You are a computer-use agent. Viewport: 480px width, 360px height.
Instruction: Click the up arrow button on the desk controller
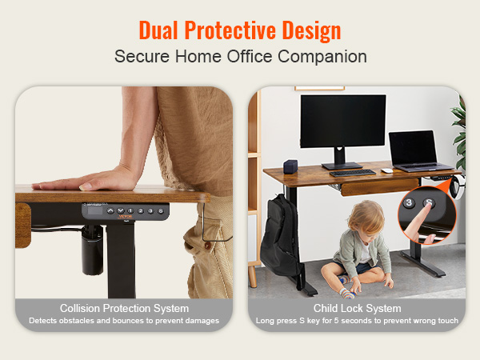pos(110,211)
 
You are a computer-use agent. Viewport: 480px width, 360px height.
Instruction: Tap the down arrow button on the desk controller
pos(121,210)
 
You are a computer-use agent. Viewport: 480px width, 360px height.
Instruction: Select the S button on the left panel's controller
pos(161,211)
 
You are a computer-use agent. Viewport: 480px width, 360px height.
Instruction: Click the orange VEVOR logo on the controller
pos(126,217)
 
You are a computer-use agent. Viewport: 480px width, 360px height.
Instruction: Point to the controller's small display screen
pos(95,210)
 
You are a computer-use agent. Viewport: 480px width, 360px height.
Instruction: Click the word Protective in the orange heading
pos(230,31)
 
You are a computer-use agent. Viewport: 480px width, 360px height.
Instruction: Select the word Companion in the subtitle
pos(322,57)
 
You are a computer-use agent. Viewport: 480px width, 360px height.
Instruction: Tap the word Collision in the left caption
pos(80,308)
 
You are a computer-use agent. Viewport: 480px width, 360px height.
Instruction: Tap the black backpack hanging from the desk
pos(279,237)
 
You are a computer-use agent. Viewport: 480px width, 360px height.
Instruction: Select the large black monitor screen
pos(343,121)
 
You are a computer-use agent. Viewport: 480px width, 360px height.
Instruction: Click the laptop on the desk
pos(418,151)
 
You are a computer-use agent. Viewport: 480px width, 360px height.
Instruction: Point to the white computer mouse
pos(387,170)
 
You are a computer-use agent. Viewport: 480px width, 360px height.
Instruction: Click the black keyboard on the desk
pos(353,173)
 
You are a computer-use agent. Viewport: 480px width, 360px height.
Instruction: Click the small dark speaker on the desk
pos(290,166)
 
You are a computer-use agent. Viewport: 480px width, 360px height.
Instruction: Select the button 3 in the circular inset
pos(409,202)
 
